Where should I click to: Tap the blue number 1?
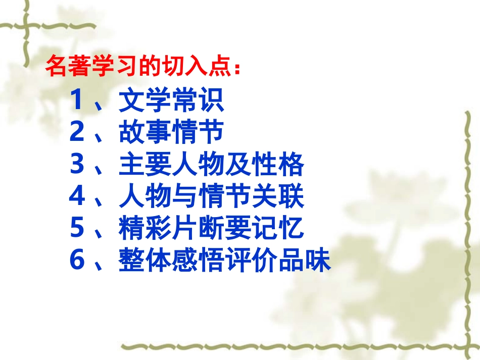(x=77, y=101)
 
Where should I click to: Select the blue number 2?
(x=77, y=133)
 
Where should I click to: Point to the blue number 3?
(x=77, y=165)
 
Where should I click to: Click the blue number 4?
(x=77, y=197)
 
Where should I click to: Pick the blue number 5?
(x=77, y=229)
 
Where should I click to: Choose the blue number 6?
(x=77, y=262)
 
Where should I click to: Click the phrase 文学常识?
(x=171, y=101)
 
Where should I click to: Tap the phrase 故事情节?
(x=171, y=133)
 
